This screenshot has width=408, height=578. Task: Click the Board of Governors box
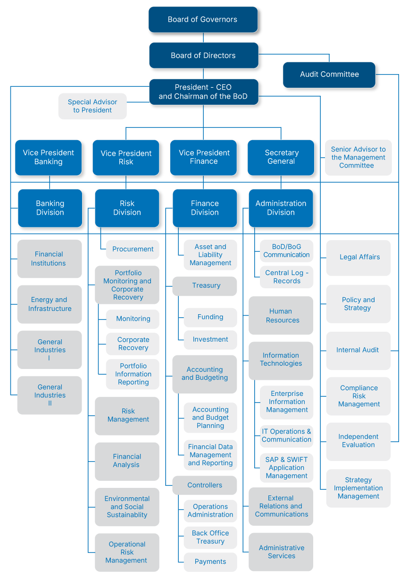203,19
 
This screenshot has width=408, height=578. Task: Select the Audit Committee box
329,75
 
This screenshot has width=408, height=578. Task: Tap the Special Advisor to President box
92,106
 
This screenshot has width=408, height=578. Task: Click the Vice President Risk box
126,158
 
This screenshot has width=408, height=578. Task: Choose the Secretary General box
281,157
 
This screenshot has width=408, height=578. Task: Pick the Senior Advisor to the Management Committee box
358,158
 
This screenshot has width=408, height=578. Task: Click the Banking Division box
50,208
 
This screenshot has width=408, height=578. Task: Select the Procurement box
133,249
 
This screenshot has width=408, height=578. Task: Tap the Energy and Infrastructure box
50,304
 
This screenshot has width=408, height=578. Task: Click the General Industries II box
50,395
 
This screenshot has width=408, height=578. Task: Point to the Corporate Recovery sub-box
133,343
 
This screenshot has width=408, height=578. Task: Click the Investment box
210,339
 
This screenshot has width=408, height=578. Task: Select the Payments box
210,561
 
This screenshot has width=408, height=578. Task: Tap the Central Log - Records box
286,276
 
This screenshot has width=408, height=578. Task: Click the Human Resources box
281,316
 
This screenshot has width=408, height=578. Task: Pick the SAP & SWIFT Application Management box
286,468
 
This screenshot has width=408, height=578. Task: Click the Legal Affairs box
358,258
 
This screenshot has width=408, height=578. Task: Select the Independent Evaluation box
358,441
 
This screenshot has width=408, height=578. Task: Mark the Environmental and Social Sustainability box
127,507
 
